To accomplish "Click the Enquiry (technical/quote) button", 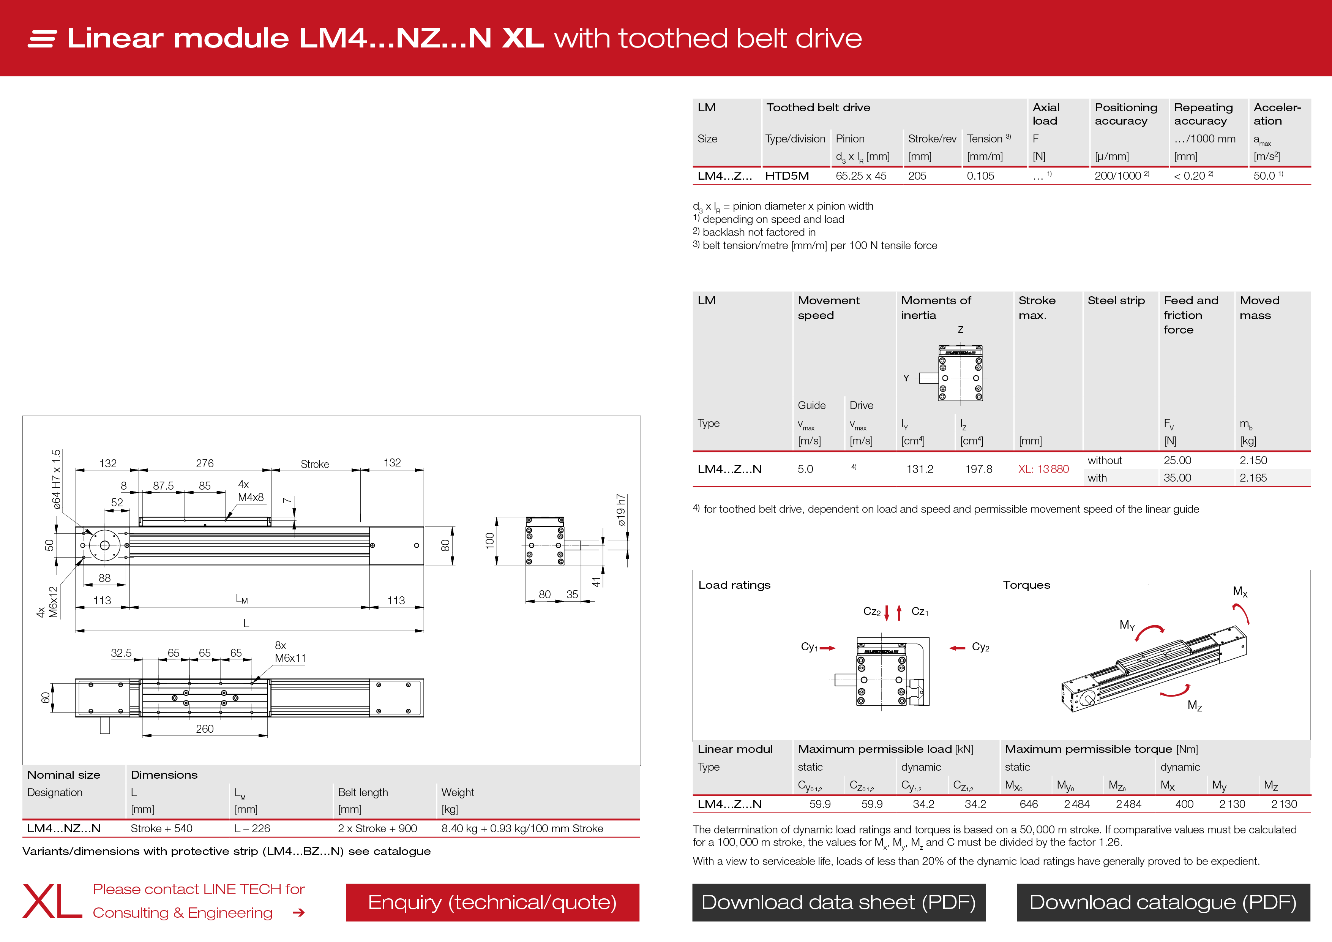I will coord(492,902).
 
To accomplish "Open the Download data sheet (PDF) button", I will coord(838,902).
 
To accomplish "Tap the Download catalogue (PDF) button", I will coord(1163,902).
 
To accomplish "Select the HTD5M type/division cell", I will coord(787,176).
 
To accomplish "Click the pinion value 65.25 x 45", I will coord(861,176).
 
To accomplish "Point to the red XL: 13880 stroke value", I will coord(1043,469).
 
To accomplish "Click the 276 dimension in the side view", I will coord(204,463).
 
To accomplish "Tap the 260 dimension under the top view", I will coord(204,729).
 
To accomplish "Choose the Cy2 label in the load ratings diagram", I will coord(980,647).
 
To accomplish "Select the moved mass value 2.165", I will coord(1253,478).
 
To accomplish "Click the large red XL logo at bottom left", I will coord(52,901).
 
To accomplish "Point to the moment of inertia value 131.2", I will coord(920,469).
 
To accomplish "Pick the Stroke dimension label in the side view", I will coord(314,464).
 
